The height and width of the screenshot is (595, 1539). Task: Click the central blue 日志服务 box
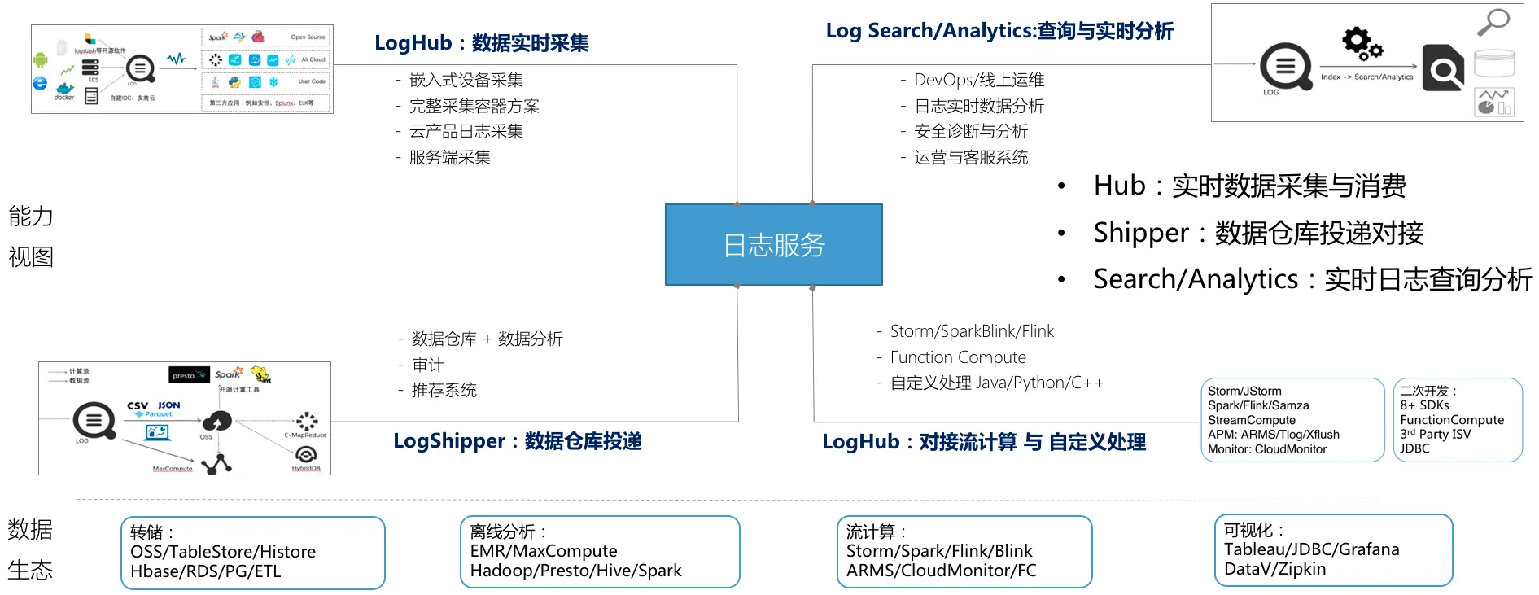point(773,244)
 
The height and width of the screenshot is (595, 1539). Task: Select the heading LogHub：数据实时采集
point(481,43)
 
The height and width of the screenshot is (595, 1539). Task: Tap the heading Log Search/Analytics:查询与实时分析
point(999,31)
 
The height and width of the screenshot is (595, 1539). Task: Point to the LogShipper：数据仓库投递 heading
point(517,441)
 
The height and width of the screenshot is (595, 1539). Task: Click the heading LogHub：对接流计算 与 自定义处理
point(983,442)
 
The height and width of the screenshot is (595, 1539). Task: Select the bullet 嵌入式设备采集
point(466,80)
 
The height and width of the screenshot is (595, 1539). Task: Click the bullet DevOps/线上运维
point(978,80)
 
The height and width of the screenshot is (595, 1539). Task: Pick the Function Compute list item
point(957,357)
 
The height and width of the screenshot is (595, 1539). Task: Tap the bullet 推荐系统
point(444,391)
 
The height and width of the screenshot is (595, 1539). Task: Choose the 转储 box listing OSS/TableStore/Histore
point(252,553)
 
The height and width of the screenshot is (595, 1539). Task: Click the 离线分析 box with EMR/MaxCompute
point(599,552)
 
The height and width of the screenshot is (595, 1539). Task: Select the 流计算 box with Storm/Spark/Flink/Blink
point(964,552)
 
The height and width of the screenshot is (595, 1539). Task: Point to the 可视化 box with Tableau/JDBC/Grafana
point(1332,550)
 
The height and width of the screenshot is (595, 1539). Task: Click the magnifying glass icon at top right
point(1493,22)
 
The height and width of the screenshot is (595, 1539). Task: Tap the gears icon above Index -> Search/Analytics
point(1362,43)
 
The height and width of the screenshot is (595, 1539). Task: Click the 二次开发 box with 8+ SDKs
point(1457,420)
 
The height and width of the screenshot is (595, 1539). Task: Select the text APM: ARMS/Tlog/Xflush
point(1273,435)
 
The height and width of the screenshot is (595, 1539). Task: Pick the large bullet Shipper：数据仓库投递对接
point(1257,234)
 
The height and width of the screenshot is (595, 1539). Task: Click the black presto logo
point(189,375)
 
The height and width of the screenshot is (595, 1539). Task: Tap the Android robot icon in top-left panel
point(41,59)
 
